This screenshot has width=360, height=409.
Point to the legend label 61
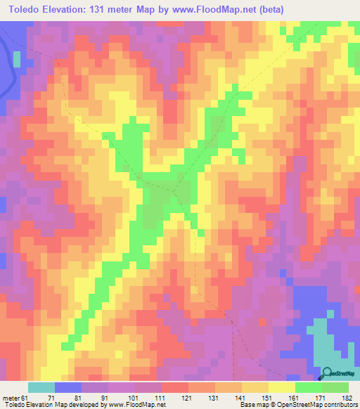(x=25, y=397)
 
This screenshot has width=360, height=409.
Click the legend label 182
(x=347, y=397)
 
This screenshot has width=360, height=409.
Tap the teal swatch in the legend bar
(x=41, y=387)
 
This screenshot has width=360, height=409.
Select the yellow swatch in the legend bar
(x=281, y=387)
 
